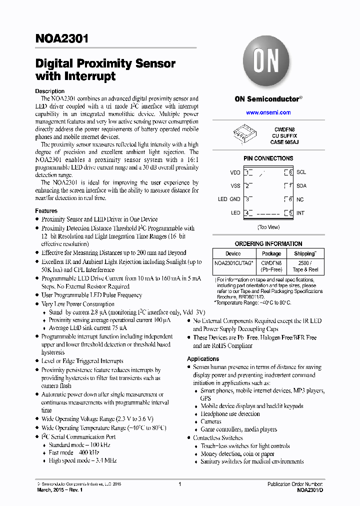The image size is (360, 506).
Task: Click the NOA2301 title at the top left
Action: click(x=61, y=38)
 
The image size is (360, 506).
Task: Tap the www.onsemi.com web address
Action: click(x=268, y=112)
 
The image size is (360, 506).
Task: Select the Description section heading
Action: click(x=49, y=91)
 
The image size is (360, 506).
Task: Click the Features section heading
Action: click(x=46, y=211)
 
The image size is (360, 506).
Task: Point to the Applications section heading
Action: click(x=203, y=359)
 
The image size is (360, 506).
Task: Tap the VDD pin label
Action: click(x=235, y=172)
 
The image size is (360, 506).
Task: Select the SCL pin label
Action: click(x=301, y=172)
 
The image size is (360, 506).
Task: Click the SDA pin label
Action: click(x=301, y=186)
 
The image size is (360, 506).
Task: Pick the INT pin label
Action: click(x=300, y=213)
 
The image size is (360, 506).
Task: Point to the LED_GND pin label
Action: click(x=229, y=199)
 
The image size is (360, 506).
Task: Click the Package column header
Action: click(x=271, y=253)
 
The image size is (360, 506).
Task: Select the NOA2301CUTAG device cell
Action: click(x=234, y=262)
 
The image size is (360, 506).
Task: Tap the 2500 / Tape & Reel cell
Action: click(x=305, y=266)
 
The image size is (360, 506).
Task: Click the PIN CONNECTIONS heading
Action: click(x=268, y=158)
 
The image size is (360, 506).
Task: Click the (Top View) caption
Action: click(x=268, y=227)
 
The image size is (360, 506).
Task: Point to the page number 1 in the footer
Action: click(x=179, y=484)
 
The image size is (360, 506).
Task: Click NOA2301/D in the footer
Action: click(x=309, y=491)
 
